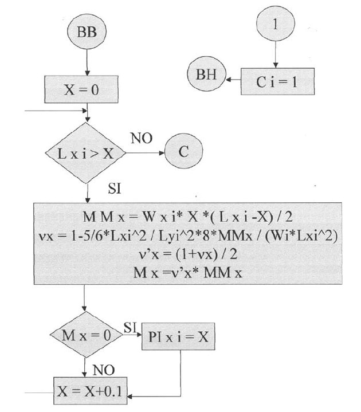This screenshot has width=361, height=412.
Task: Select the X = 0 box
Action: pyautogui.click(x=87, y=89)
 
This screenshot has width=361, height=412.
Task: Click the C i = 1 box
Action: pyautogui.click(x=277, y=82)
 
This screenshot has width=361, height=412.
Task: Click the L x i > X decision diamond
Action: pyautogui.click(x=86, y=154)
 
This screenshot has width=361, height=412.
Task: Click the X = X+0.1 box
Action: pyautogui.click(x=92, y=393)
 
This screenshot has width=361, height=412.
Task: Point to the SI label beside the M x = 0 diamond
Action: pyautogui.click(x=130, y=327)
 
